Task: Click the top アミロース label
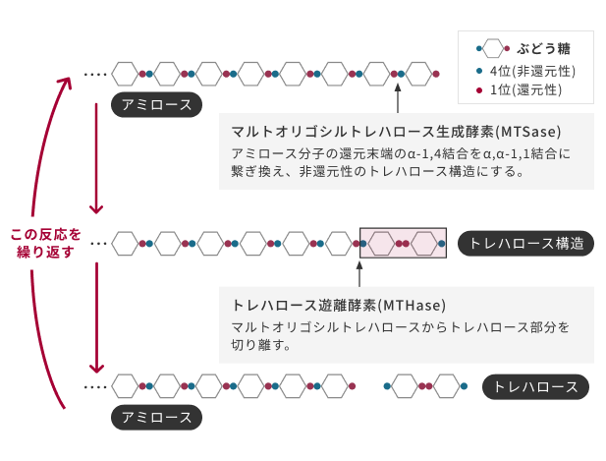coord(157,105)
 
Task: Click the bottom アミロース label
coord(157,417)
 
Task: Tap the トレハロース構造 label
coord(526,243)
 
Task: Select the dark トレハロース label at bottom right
coord(535,386)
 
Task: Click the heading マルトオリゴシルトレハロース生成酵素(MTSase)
coord(396,131)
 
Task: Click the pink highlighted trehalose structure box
coord(405,242)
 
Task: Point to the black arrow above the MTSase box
coord(398,99)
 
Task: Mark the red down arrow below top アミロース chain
coord(96,157)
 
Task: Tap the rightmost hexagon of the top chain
coord(420,73)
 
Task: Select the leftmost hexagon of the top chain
coord(125,73)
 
